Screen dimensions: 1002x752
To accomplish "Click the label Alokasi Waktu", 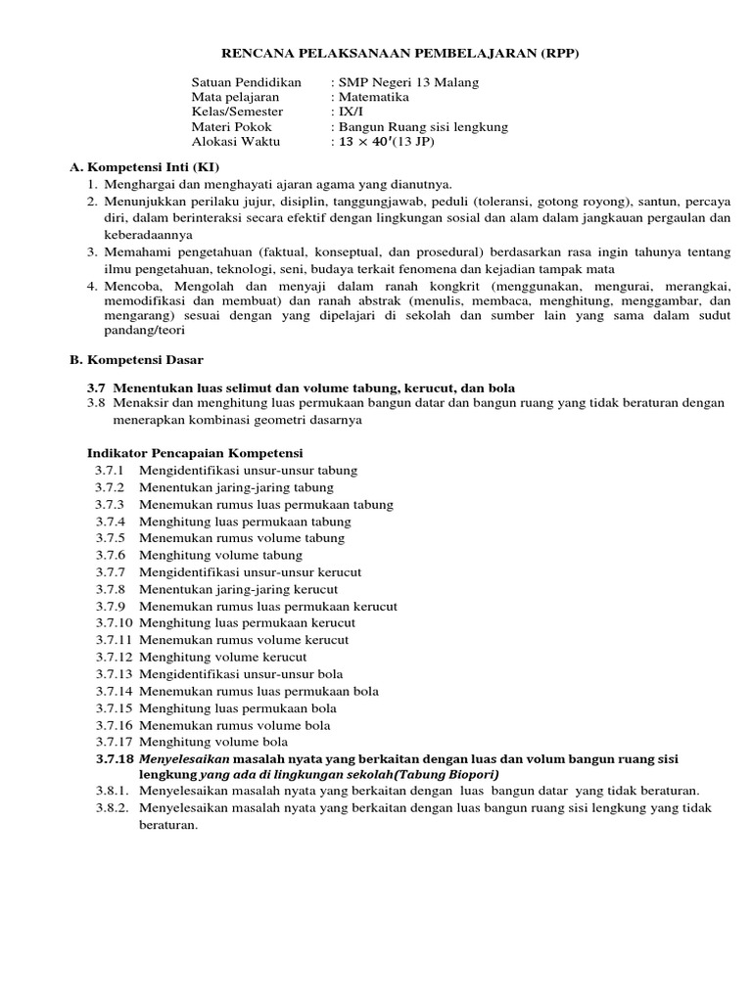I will click(x=235, y=142).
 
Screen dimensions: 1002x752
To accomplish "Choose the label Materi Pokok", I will click(x=231, y=127).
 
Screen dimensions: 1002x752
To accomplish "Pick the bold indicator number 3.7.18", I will click(x=114, y=758).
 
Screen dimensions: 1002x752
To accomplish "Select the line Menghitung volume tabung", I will click(x=220, y=555).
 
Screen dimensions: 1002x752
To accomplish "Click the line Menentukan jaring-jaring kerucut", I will click(x=238, y=589).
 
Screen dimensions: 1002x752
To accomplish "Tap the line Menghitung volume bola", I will click(x=212, y=742).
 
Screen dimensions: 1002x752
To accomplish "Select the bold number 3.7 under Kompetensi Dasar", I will click(x=98, y=388).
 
